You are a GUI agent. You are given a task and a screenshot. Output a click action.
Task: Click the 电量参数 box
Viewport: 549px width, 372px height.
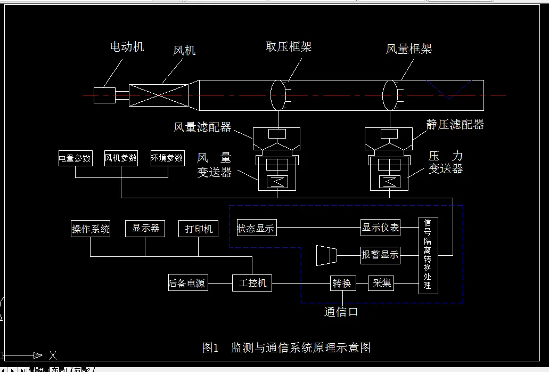point(75,158)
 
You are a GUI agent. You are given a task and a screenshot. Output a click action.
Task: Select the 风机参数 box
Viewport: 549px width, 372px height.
point(121,158)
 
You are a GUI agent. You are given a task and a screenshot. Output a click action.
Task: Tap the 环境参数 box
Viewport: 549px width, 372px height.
point(167,158)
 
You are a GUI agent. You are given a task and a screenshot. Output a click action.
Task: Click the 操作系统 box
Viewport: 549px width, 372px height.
point(91,229)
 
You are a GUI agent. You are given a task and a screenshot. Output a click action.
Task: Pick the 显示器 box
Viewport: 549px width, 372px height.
point(145,228)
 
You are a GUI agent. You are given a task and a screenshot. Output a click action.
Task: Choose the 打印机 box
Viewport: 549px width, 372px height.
point(198,229)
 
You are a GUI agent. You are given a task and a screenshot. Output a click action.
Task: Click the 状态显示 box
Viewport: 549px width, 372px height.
point(257,228)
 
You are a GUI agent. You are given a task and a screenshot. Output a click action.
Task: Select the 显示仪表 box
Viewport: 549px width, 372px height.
point(380,228)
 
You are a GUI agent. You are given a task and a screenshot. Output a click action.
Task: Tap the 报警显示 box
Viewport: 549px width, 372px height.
point(380,255)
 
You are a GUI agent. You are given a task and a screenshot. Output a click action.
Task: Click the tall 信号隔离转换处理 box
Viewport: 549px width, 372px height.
point(428,255)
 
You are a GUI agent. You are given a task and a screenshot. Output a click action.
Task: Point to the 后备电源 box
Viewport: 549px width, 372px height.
point(188,283)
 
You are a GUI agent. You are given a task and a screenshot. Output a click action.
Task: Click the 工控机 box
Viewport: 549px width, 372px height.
point(252,282)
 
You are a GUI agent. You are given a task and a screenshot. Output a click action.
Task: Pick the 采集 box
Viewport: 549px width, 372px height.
point(381,283)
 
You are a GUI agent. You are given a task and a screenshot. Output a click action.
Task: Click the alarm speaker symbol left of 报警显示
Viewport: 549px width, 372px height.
point(326,255)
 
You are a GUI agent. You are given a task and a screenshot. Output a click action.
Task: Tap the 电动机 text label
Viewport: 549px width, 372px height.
point(127,47)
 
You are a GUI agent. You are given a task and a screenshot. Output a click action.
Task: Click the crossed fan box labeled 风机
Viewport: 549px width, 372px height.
point(161,95)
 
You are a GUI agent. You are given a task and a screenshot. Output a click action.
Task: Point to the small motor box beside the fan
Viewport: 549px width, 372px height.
point(104,95)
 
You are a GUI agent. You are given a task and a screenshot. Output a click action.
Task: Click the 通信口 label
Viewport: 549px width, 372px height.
point(341,312)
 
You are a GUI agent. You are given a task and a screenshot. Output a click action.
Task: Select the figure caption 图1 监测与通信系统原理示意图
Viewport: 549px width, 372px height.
point(286,347)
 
